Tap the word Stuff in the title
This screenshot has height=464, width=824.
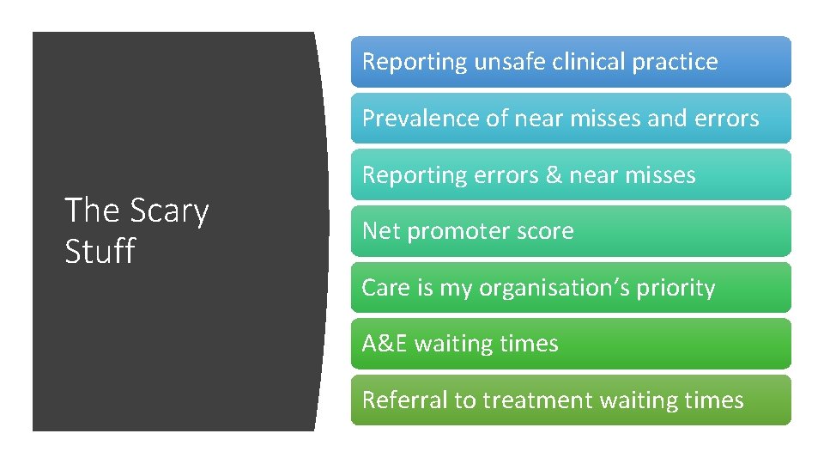click(100, 251)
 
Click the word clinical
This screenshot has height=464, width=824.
click(589, 62)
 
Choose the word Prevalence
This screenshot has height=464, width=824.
click(422, 119)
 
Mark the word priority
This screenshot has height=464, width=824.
click(676, 289)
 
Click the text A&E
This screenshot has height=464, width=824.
click(385, 344)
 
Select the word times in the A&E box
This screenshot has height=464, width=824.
click(531, 344)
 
